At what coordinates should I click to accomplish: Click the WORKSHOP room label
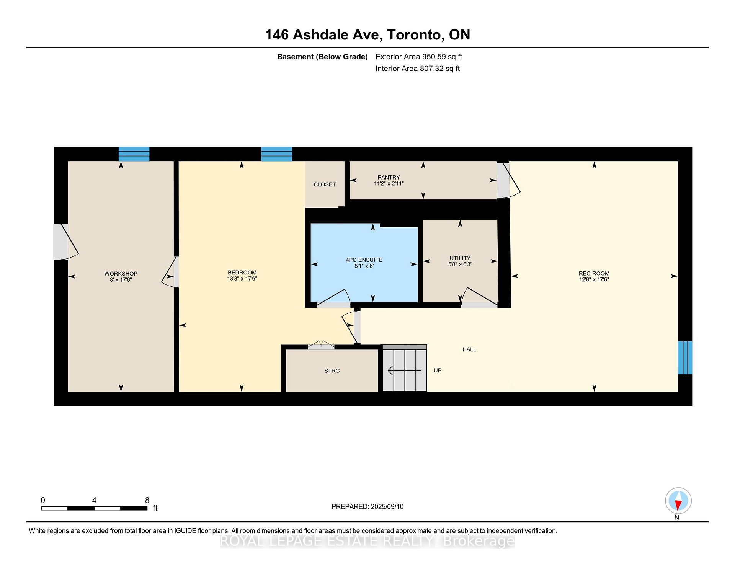[121, 273]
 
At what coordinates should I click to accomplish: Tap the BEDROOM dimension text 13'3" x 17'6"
[242, 279]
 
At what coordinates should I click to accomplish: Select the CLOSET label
[325, 184]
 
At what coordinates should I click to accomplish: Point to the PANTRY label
[389, 177]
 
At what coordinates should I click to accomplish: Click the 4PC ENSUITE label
[364, 260]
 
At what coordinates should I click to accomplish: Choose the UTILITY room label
[460, 258]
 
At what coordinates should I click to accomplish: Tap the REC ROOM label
[594, 273]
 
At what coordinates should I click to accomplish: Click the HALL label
[469, 349]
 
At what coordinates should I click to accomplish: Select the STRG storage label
[332, 371]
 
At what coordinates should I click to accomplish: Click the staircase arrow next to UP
[404, 371]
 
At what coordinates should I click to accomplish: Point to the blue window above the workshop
[134, 154]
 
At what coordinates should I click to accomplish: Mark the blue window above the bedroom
[276, 154]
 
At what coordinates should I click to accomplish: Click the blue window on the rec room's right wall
[684, 357]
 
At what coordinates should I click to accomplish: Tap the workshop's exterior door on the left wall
[61, 242]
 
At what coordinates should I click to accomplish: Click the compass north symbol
[678, 501]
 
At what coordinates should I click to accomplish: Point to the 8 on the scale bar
[147, 500]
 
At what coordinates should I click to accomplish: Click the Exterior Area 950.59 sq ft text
[418, 57]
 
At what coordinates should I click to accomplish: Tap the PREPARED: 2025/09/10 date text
[367, 506]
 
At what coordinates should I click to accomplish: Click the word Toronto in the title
[415, 34]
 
